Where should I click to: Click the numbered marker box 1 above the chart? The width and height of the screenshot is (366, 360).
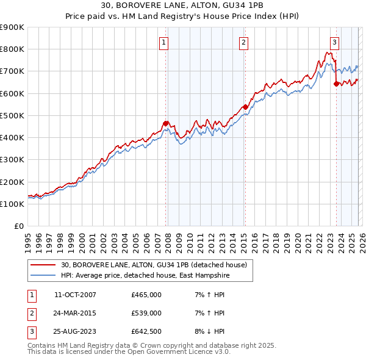pos(165,42)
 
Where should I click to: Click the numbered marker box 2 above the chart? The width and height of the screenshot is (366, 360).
pos(243,42)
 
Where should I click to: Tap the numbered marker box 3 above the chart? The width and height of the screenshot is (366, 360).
pos(335,42)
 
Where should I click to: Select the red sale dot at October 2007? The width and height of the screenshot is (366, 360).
pos(165,123)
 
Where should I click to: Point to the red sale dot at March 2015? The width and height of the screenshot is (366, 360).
pos(245,107)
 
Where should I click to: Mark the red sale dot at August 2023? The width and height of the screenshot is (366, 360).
pos(336,84)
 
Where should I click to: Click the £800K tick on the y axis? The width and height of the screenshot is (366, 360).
pos(12,49)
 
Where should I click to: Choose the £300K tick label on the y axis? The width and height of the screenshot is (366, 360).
pos(12,160)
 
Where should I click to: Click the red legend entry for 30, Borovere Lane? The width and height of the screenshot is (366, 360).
pos(154,265)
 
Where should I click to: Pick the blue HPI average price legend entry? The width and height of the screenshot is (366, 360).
pos(146,276)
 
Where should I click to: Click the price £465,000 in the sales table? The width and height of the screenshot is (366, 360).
pos(146,295)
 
